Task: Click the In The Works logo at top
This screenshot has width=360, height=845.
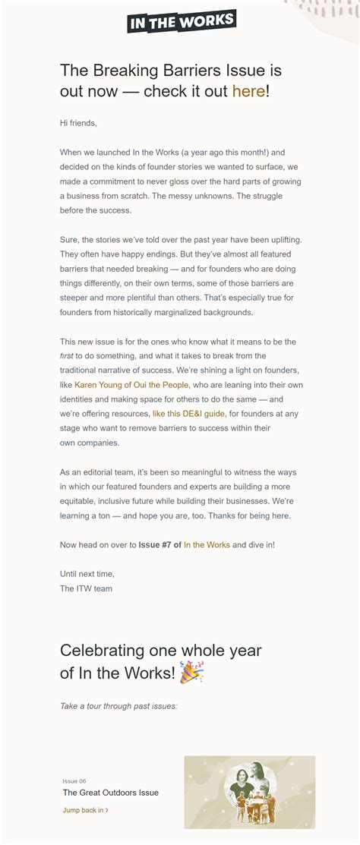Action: [x=182, y=21]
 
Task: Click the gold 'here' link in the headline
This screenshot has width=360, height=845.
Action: [x=248, y=91]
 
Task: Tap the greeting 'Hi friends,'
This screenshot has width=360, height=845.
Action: [x=78, y=123]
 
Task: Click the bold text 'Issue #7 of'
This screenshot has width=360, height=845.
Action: [x=159, y=544]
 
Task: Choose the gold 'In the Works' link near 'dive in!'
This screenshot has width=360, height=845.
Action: [x=207, y=544]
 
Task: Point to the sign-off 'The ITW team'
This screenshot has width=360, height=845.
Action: [x=86, y=588]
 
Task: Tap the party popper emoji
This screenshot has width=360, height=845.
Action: [x=191, y=671]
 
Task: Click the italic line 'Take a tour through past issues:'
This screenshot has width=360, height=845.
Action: [x=118, y=705]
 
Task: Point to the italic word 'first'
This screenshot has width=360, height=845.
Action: [x=67, y=356]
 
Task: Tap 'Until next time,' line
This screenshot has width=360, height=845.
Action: [x=87, y=574]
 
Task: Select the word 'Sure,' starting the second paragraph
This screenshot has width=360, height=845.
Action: [x=70, y=240]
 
